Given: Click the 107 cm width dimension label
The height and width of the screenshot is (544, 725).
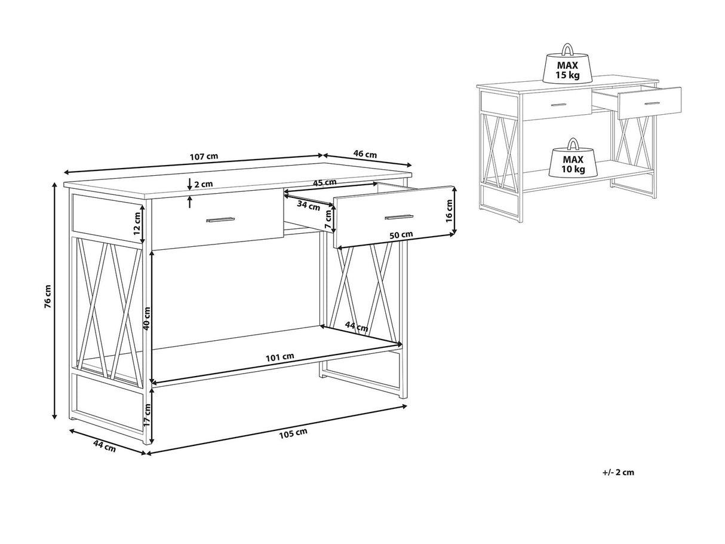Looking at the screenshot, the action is tap(204, 156).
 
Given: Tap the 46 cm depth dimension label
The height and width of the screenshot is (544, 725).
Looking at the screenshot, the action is tap(365, 154).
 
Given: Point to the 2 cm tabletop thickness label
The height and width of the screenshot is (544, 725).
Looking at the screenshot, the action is tap(204, 184).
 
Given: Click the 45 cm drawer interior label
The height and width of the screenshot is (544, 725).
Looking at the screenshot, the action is tap(324, 183).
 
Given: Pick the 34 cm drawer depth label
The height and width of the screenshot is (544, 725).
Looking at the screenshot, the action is tap(308, 206).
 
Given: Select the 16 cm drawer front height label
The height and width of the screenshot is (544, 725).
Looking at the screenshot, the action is tap(449, 210).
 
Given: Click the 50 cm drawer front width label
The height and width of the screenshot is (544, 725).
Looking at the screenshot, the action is tap(401, 235).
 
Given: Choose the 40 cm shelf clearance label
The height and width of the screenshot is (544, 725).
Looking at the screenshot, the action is tap(147, 318).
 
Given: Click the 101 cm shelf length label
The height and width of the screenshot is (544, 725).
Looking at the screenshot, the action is tap(279, 357).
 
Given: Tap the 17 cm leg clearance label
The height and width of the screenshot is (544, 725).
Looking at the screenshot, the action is tap(147, 414).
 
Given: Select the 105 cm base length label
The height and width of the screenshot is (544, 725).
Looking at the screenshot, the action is tap(293, 433).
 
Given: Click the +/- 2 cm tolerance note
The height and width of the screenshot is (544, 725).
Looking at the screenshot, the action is tap(618, 472).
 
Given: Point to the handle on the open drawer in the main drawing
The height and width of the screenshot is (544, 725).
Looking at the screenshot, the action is tap(399, 217).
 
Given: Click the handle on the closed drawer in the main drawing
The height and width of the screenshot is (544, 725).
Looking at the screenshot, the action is tap(220, 219).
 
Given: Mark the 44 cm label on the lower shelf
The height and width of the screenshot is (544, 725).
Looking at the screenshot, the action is tap(357, 326).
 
